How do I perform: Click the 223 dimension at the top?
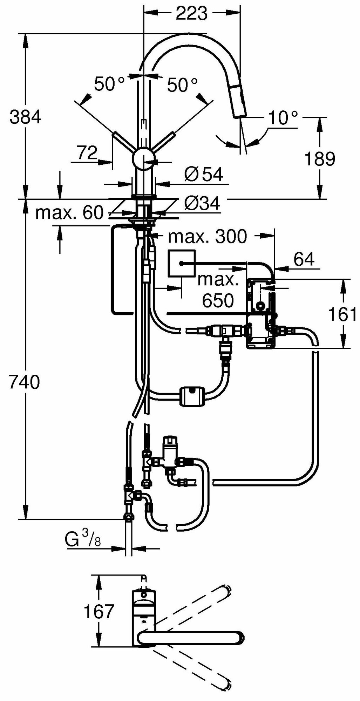191,14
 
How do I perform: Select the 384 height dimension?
25,117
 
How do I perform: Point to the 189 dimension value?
319,159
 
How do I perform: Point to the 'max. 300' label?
208,237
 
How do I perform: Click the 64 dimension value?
304,259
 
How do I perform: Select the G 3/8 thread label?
83,541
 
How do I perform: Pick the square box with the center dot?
181,263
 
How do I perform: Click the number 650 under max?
217,300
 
